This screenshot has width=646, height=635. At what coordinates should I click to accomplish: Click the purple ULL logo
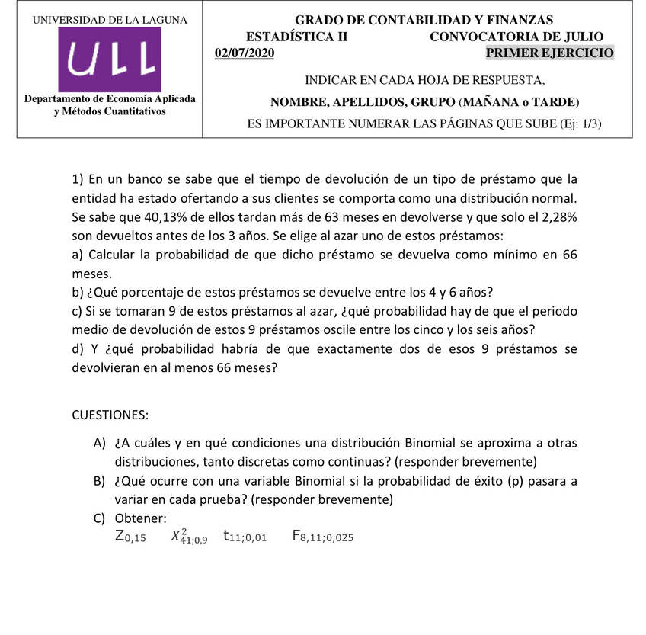(x=110, y=58)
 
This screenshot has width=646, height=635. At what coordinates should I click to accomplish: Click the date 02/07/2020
(x=245, y=53)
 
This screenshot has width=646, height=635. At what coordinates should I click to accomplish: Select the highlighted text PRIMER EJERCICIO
(x=549, y=53)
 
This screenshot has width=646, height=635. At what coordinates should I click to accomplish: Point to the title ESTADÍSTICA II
(x=296, y=37)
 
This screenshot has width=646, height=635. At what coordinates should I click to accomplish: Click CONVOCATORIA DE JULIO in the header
(x=516, y=37)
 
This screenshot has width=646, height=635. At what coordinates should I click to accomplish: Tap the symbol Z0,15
(x=130, y=537)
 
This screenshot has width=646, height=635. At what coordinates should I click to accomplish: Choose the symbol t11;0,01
(x=245, y=537)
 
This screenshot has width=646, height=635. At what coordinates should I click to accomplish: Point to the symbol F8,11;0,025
(x=322, y=537)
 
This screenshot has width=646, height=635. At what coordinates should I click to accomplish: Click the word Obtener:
(x=139, y=518)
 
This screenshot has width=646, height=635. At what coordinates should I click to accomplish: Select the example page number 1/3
(x=587, y=124)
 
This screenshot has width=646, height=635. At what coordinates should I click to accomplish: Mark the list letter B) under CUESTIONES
(x=99, y=481)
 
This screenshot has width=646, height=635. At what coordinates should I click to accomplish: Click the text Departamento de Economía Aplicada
(x=110, y=99)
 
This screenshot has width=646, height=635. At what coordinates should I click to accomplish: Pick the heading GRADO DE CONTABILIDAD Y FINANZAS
(x=424, y=20)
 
